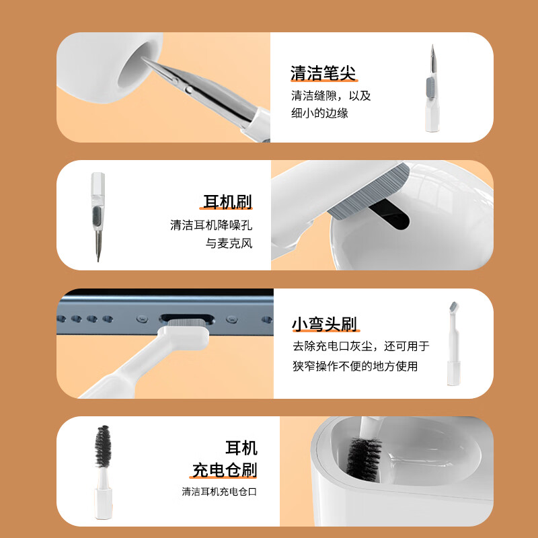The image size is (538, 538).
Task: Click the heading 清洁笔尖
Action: pos(323,73)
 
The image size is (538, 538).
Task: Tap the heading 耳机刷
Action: pos(228,202)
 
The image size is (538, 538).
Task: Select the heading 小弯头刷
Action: pos(324,324)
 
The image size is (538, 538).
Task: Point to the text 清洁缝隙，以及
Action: pos(331,95)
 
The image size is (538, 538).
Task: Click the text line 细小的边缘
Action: pos(319,113)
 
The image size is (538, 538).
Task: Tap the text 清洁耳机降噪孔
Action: pos(211,225)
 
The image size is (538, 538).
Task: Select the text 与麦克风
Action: pos(229,243)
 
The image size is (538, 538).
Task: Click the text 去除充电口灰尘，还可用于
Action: pos(360,346)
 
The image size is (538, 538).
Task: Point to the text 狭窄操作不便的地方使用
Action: pos(355,366)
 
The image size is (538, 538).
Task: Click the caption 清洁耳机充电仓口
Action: pos(219,492)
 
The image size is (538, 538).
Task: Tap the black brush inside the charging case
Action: pos(364,457)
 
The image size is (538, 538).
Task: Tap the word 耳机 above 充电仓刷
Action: pos(241,448)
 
